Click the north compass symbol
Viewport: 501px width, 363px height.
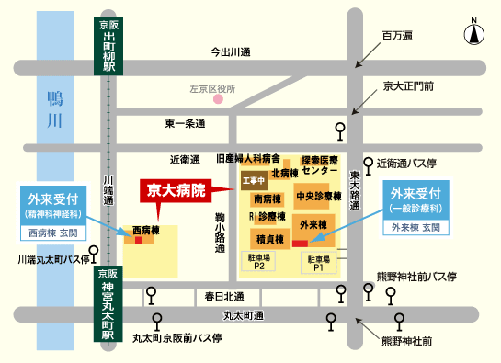(x=474, y=34)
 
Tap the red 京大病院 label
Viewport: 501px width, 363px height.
(x=173, y=190)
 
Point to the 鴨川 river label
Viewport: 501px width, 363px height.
(x=55, y=109)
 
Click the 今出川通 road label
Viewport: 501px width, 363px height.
(x=232, y=51)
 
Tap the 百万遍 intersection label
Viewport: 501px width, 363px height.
(x=398, y=36)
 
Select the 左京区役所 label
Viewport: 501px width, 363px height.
(x=212, y=89)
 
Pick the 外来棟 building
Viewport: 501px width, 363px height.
(x=313, y=224)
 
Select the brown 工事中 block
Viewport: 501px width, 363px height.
(x=253, y=180)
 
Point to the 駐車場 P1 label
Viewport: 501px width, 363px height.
(x=318, y=263)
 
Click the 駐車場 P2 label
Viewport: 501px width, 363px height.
(x=259, y=263)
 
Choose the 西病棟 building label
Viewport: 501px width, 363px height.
(x=145, y=229)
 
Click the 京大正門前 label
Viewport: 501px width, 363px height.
(x=409, y=85)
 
